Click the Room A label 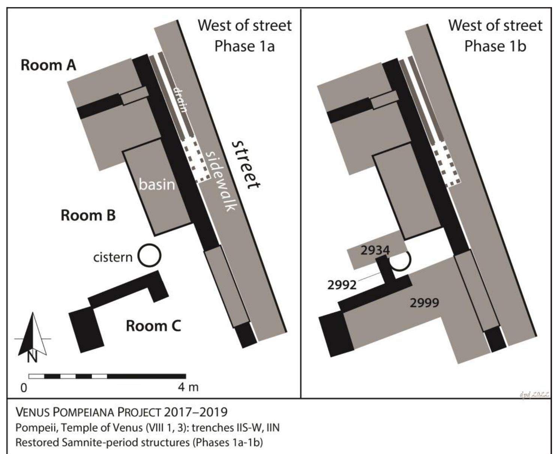(48, 65)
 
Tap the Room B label (88, 216)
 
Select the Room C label (153, 326)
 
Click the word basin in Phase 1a (157, 184)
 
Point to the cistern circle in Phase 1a (149, 255)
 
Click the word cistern (113, 257)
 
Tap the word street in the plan (245, 165)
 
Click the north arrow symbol (33, 337)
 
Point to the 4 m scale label (188, 387)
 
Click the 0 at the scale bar (24, 388)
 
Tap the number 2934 (375, 250)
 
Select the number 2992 (342, 285)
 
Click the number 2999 (424, 303)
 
